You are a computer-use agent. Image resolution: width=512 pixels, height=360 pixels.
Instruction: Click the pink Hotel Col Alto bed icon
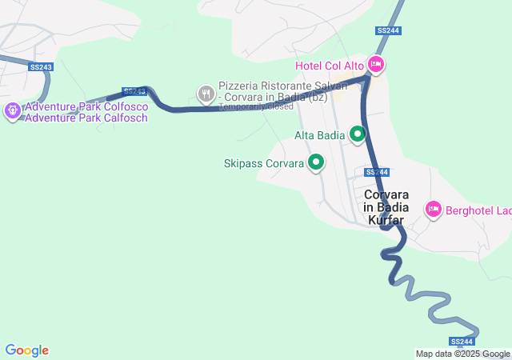(376, 65)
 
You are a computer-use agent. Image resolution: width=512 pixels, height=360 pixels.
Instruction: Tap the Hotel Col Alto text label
(330, 65)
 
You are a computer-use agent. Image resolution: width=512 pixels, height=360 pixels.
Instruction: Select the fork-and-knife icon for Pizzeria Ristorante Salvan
(206, 94)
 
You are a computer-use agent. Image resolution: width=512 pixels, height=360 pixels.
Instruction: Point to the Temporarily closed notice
(255, 106)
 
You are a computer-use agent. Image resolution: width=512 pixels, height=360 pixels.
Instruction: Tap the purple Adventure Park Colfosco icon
(12, 111)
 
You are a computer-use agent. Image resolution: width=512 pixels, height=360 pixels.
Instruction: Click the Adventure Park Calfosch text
(74, 118)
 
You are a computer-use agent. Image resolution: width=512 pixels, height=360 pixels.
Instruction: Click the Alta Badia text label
(319, 135)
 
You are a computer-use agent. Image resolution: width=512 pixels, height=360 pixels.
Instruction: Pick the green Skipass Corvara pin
(316, 163)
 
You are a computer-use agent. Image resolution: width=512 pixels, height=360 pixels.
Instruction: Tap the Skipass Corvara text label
(264, 164)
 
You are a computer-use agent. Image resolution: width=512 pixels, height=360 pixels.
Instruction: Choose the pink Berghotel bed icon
(433, 210)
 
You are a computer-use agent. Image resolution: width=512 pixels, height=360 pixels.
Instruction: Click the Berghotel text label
(478, 210)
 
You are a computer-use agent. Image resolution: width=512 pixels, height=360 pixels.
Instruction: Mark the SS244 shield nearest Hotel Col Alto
(388, 31)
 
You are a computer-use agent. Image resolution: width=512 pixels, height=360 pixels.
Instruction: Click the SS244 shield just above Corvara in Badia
(376, 172)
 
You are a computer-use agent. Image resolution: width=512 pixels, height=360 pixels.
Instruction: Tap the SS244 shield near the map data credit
(462, 342)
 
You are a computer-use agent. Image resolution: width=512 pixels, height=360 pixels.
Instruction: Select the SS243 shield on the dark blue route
(134, 92)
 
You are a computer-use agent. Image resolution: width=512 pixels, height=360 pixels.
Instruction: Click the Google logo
(26, 350)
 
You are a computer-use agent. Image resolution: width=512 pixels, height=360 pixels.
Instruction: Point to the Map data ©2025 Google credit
(462, 354)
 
